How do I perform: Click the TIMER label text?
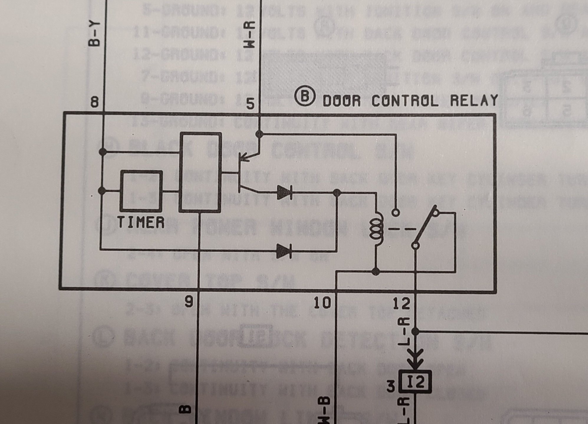(x=141, y=222)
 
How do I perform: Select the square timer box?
(x=141, y=191)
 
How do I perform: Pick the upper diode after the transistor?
(x=284, y=193)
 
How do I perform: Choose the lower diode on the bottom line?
(x=284, y=251)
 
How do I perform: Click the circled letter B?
(x=305, y=96)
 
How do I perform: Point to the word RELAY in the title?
(x=474, y=100)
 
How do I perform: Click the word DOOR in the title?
(x=342, y=101)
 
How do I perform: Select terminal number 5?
(x=250, y=104)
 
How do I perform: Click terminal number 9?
(x=189, y=302)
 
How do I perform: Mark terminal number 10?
(x=322, y=303)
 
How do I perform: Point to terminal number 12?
(x=401, y=303)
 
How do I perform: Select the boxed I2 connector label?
(x=415, y=382)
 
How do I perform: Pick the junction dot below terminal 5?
(x=259, y=134)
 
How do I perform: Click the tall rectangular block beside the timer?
(x=200, y=172)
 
